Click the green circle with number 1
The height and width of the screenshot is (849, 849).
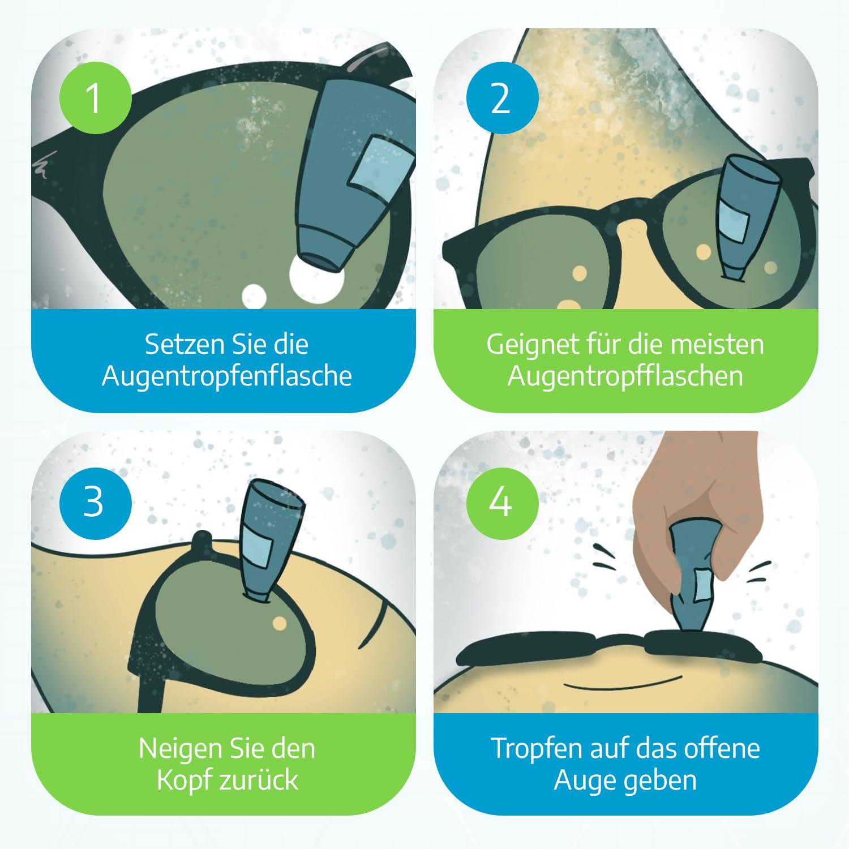tap(95, 97)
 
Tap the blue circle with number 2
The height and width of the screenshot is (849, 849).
tap(500, 97)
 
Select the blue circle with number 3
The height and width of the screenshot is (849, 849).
tap(95, 501)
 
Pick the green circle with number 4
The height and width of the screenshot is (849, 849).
tap(500, 501)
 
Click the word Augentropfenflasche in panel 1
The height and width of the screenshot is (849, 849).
tap(227, 376)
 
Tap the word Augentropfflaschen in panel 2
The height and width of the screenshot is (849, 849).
tap(625, 376)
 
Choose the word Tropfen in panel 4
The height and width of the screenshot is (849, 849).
tap(536, 748)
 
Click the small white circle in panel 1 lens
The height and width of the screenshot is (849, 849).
tap(254, 295)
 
